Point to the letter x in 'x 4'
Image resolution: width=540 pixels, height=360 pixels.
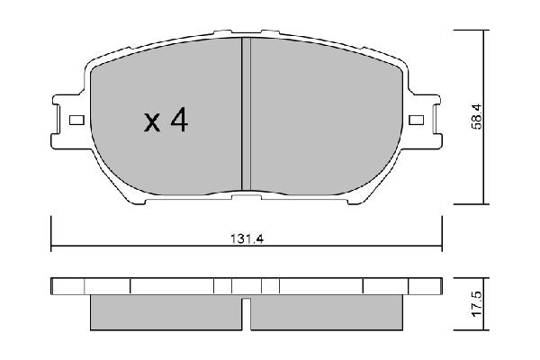pos(151,124)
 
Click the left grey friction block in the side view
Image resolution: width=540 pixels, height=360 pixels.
pos(166,311)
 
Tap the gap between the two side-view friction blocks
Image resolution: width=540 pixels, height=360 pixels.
pos(245,313)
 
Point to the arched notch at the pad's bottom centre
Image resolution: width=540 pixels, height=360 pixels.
pos(245,192)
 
